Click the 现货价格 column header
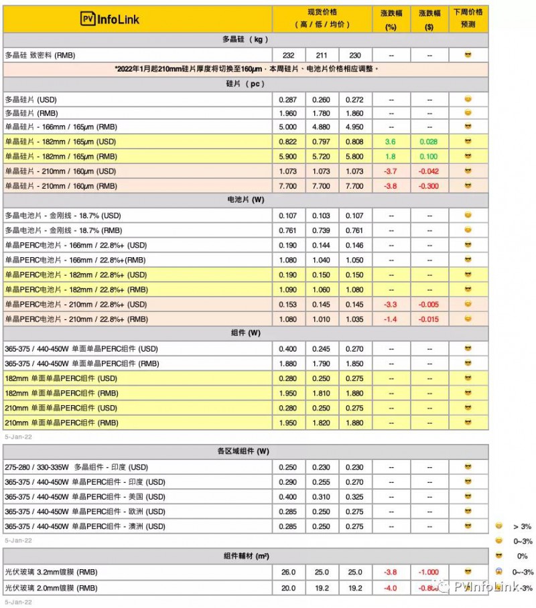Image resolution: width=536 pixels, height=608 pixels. point(322,18)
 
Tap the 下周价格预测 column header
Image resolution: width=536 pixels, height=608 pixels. point(468,18)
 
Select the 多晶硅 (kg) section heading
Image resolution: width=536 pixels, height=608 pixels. point(245,40)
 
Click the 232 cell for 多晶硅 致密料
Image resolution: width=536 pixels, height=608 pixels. point(289,55)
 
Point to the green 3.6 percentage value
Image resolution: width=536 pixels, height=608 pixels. point(391,142)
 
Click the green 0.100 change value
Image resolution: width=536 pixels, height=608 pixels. point(429,157)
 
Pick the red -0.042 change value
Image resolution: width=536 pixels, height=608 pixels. point(429,171)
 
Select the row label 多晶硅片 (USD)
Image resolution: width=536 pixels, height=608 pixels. point(31,99)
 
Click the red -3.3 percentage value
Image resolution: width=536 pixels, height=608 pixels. point(391,305)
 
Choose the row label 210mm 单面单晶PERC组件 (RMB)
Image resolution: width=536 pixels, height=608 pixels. point(62,423)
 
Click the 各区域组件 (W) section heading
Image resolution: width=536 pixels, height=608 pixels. point(245,451)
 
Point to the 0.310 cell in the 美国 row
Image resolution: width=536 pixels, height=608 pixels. point(322,497)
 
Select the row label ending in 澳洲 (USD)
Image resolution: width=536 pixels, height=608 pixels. point(85,526)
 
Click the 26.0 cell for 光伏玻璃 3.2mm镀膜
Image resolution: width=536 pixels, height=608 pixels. point(289,573)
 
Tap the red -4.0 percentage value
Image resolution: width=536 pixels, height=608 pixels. point(391,588)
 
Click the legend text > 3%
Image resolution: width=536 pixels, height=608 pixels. point(522,527)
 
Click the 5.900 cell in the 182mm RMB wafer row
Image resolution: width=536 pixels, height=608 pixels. point(289,157)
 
